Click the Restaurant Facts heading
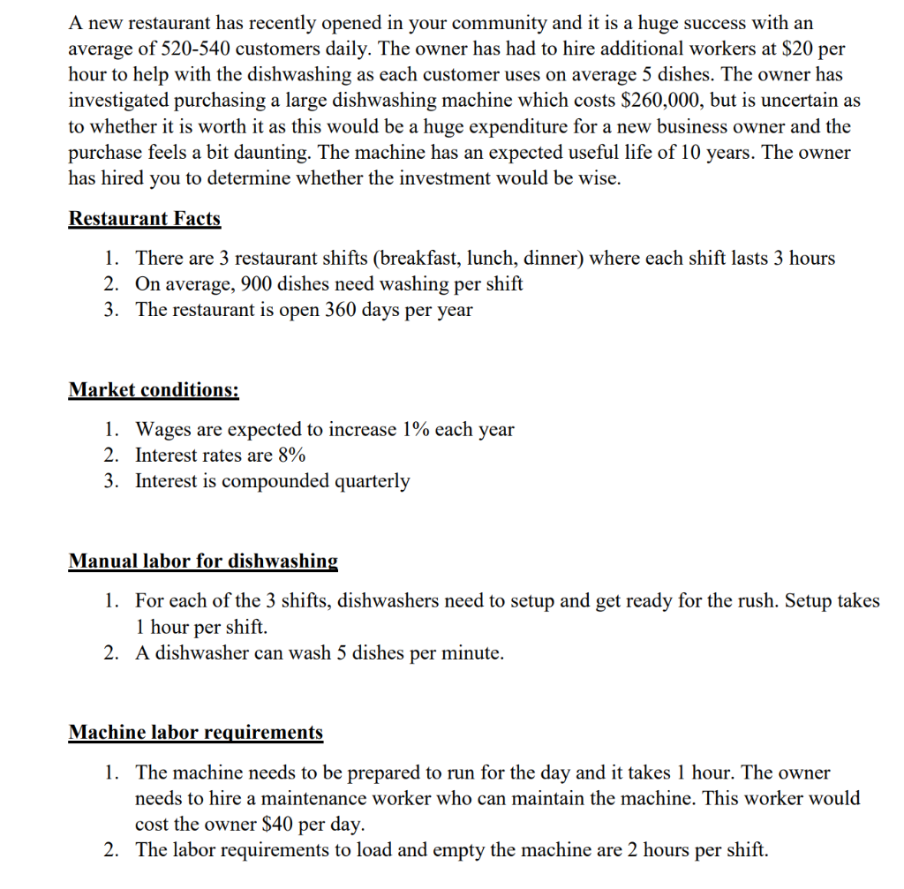tap(145, 219)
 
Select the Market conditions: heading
tap(154, 390)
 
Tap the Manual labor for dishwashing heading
tap(203, 561)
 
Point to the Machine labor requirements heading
tap(196, 732)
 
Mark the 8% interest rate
tap(290, 456)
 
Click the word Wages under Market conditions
tap(163, 430)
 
